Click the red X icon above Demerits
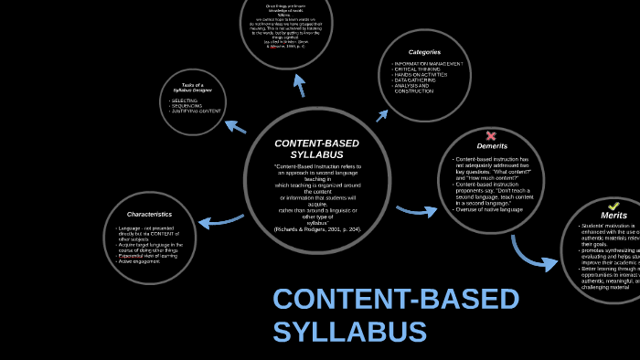coord(491,136)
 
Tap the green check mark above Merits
coord(614,206)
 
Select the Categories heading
coord(424,52)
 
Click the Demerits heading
coord(492,146)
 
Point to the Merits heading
coord(613,216)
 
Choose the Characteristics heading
coord(149,214)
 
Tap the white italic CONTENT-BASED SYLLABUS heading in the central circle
coord(317,149)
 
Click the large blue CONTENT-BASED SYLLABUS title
coord(395,315)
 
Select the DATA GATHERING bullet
coord(416,79)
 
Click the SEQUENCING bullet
coord(187,105)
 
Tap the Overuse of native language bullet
coord(489,210)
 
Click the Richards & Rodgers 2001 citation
coord(317,228)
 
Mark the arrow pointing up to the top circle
coord(299,85)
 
